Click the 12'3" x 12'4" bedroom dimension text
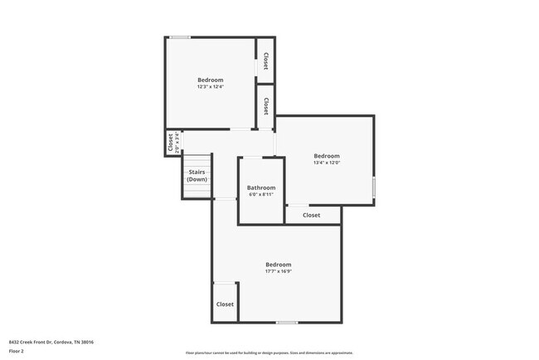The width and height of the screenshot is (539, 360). tap(211, 86)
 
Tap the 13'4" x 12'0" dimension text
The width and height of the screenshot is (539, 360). tap(327, 163)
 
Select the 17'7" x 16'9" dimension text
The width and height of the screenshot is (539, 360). tap(278, 271)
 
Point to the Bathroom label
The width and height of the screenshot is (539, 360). tap(261, 187)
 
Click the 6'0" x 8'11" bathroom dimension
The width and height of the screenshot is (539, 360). tap(261, 195)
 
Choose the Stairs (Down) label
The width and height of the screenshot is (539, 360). tap(197, 175)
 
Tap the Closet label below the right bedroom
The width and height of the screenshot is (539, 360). tap(311, 215)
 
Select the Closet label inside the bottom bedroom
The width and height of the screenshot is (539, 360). tap(225, 304)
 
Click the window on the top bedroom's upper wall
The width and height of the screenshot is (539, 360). tap(180, 37)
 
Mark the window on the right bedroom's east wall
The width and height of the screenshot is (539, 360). tap(373, 187)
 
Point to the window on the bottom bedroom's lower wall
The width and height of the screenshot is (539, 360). tap(287, 322)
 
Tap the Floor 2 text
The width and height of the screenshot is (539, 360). tap(17, 351)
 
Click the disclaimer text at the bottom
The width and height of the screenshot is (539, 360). tap(269, 353)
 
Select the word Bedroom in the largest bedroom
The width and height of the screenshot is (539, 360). tap(278, 264)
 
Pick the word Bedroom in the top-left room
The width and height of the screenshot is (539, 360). tap(211, 80)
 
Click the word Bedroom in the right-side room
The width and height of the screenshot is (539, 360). tap(327, 156)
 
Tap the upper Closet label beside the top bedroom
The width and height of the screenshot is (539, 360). tap(265, 61)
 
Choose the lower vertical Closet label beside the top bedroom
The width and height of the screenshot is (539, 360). tap(265, 106)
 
